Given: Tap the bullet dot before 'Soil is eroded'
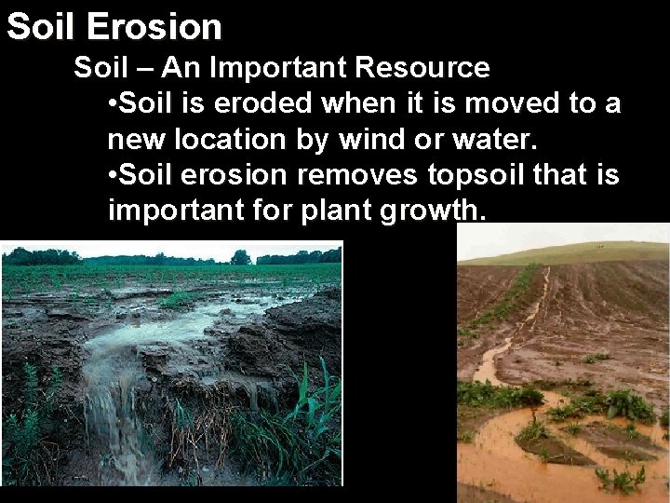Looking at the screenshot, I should point(114,103).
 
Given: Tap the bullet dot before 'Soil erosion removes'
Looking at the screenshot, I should point(114,174).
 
